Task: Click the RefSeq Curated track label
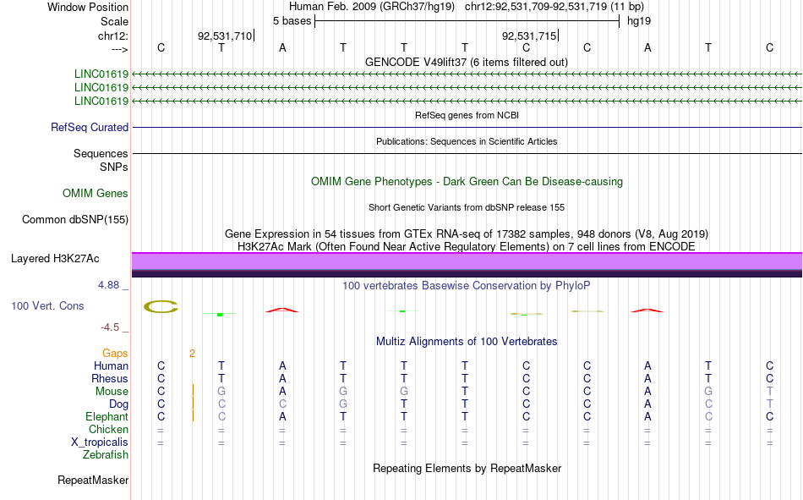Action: [x=90, y=128]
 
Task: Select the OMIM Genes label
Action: [x=96, y=194]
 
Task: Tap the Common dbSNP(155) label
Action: [x=74, y=220]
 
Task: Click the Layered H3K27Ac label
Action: [x=61, y=258]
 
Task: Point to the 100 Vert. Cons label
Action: [x=47, y=305]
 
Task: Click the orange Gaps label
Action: [x=115, y=354]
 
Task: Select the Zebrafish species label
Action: [x=106, y=455]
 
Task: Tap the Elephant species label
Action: [x=107, y=417]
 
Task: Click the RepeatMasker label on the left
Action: [x=93, y=481]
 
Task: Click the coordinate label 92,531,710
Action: [x=225, y=36]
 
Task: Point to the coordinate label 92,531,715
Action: [x=529, y=36]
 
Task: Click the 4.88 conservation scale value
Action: [x=109, y=285]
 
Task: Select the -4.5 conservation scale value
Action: [x=111, y=327]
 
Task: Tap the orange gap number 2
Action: [x=193, y=354]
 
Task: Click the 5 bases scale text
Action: [x=292, y=20]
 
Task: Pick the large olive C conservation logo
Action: [x=161, y=306]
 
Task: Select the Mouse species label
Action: [x=112, y=392]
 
